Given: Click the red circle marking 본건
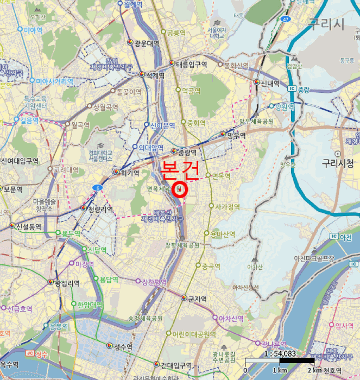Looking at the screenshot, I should coord(180,189).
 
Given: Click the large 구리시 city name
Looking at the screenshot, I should coord(326,23).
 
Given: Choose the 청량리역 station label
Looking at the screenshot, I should coord(100,208).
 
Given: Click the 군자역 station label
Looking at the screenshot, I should coord(197,299).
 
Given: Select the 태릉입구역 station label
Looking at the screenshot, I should coord(192,64).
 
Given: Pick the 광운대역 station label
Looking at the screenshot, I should coord(147,43).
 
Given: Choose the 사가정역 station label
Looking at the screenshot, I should coord(228,207).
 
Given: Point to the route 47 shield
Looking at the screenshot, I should coord(285,19).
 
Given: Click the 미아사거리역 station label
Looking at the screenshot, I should coord(54,81).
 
